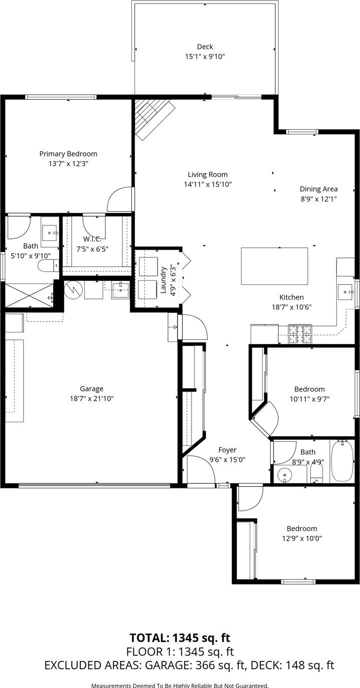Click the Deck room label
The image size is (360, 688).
click(x=205, y=47)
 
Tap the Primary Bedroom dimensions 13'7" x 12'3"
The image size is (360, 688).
click(x=68, y=163)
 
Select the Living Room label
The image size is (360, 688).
click(x=208, y=175)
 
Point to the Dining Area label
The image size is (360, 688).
click(x=318, y=189)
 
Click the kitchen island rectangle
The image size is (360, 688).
click(x=275, y=266)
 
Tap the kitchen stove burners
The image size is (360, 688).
click(x=300, y=334)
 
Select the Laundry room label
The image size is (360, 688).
click(x=164, y=280)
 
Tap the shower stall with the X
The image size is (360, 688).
click(x=30, y=295)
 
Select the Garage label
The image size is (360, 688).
click(x=92, y=389)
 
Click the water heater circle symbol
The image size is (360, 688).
click(x=73, y=290)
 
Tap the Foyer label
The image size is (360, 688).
click(x=227, y=450)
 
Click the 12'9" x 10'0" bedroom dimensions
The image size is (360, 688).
click(x=302, y=539)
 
